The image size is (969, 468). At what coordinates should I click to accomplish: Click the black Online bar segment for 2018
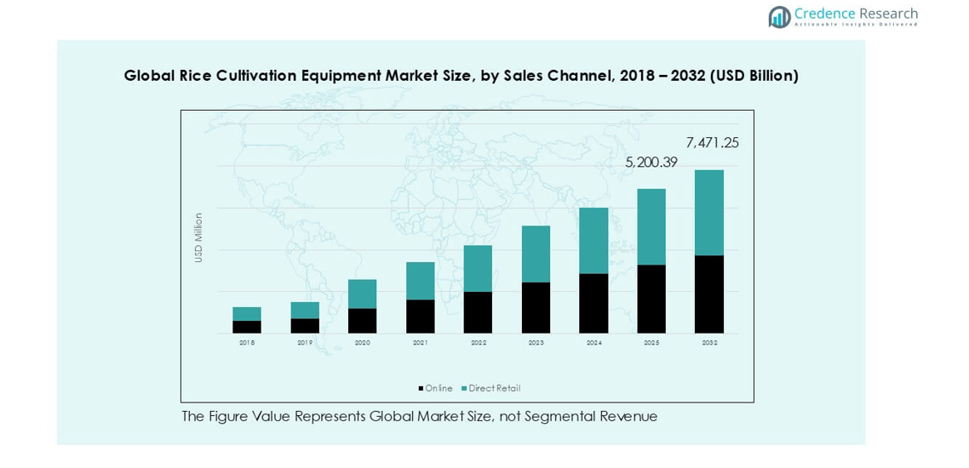coord(247,327)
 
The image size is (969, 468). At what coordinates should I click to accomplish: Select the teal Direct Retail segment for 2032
coord(709,213)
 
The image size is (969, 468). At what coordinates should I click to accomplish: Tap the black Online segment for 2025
coord(651,299)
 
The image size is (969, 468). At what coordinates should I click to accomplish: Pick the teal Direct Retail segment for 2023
coord(536,254)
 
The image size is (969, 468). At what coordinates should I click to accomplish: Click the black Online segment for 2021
coord(421,316)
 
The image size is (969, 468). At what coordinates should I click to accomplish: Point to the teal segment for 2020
coord(363,294)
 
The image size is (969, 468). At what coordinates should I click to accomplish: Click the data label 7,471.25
coord(712,143)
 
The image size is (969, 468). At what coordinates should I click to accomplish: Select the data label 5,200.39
coord(651,163)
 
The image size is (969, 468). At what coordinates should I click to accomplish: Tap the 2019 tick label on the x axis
coord(305,343)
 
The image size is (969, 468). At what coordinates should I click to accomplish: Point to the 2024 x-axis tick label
coord(594,343)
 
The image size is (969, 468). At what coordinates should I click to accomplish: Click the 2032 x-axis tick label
coord(709,343)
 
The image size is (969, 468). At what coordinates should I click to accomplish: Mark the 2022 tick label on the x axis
coord(479,343)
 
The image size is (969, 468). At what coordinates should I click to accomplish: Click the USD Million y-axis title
coord(198,237)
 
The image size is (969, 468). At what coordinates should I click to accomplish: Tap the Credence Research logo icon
coord(779,17)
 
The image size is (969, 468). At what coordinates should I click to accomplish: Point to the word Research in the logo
coord(887,14)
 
